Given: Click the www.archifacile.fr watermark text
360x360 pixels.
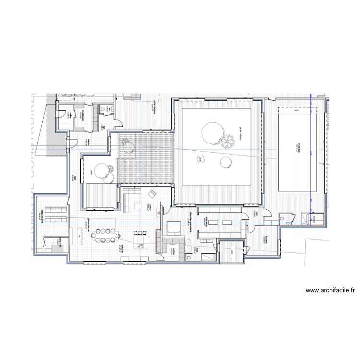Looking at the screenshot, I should pos(330,290).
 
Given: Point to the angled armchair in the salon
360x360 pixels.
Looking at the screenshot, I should pos(152,194).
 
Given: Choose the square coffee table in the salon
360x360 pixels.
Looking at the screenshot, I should pos(138,206).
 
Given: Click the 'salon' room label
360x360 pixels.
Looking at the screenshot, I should pos(150,207).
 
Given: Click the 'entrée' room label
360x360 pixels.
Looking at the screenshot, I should pos(88,141).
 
